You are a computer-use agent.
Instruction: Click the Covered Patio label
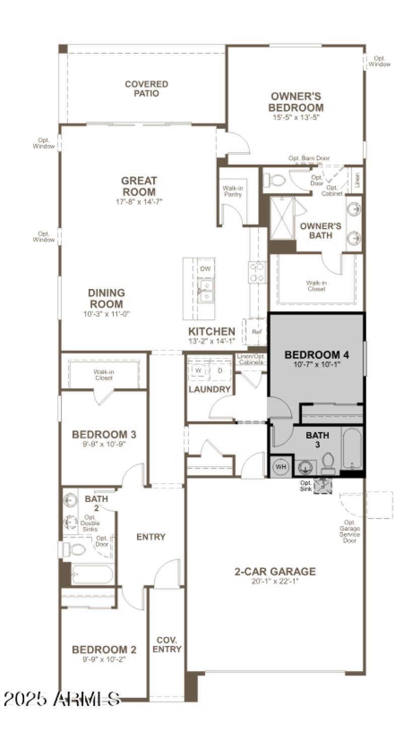(146, 89)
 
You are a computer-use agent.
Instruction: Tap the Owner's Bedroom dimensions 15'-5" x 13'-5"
(296, 117)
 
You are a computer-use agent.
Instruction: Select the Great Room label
(139, 186)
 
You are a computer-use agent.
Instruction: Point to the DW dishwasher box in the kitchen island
(205, 269)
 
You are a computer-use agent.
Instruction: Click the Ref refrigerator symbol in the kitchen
(256, 332)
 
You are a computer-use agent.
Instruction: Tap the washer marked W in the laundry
(198, 371)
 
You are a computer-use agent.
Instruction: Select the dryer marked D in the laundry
(220, 371)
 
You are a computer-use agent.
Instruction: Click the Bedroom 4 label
(317, 354)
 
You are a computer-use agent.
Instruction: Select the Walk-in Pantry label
(234, 191)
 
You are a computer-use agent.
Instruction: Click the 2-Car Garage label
(275, 571)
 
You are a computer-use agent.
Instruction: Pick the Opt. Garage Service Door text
(351, 531)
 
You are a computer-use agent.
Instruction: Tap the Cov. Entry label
(167, 644)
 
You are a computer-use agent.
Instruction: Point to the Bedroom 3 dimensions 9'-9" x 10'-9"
(104, 445)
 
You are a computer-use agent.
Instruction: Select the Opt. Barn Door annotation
(309, 159)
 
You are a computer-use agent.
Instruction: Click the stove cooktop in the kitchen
(257, 272)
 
